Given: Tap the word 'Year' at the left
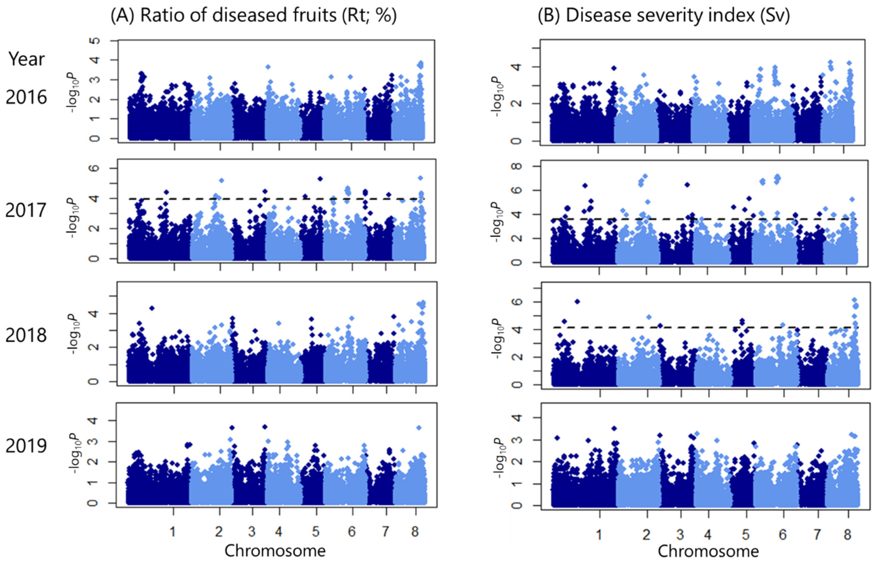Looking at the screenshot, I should coord(26,59).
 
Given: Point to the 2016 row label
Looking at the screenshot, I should coord(26,97).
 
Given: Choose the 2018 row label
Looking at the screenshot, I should coord(26,335).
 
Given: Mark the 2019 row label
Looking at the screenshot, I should coord(26,446).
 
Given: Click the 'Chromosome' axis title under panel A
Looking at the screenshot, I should coord(275,551).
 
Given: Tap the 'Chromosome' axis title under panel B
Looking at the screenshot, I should coord(708,552).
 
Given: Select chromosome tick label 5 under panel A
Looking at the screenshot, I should coord(316,532).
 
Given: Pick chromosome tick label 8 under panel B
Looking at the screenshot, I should coord(847,535).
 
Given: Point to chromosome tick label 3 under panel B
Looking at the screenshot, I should coord(680,535).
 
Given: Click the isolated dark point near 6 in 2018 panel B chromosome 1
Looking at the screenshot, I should coord(577,301).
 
